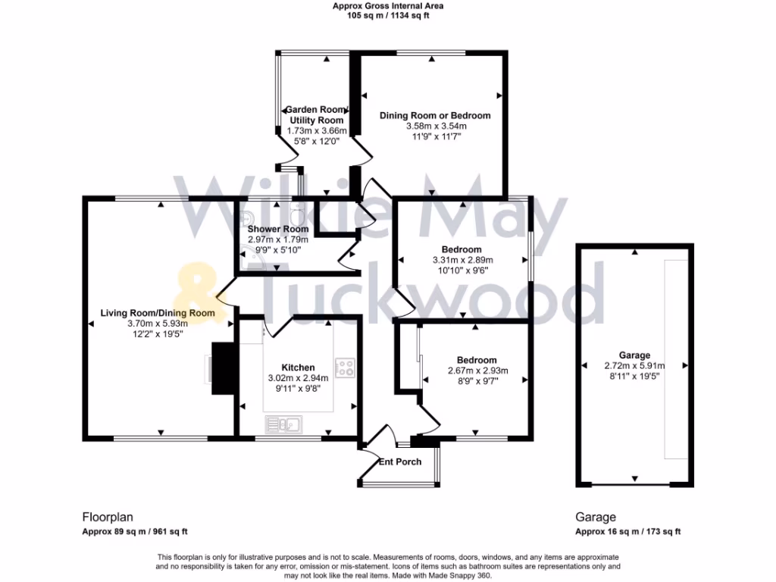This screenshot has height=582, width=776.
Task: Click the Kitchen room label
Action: click(x=298, y=368)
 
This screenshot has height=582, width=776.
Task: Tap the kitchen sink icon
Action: click(x=283, y=424)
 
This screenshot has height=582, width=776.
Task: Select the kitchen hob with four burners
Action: click(x=346, y=368)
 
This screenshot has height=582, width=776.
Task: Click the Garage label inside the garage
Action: click(x=634, y=355)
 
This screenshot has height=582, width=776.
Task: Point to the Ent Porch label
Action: click(x=400, y=462)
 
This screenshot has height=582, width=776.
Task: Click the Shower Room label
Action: click(x=278, y=229)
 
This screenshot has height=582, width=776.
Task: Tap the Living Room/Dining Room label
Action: click(x=158, y=313)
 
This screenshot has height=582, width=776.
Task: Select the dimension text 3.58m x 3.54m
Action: click(x=436, y=126)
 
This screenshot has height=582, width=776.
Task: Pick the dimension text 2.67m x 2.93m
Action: click(x=477, y=371)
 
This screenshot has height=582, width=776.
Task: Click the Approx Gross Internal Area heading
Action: click(x=388, y=6)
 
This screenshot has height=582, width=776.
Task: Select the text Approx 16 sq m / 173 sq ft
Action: click(x=628, y=531)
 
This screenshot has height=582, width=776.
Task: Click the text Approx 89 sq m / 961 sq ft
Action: click(x=135, y=531)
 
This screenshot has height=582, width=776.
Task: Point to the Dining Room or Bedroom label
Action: click(x=435, y=115)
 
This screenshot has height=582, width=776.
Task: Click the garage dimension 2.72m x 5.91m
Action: click(x=634, y=365)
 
